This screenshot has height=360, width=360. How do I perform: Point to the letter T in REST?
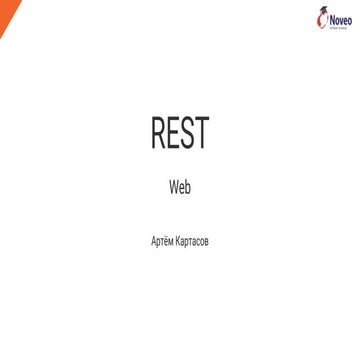[203, 132]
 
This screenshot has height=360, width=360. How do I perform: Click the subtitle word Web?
[180, 187]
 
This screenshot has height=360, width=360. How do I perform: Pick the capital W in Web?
[174, 187]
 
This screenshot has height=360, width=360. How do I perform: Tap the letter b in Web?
[187, 187]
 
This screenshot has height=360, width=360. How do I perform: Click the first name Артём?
[160, 241]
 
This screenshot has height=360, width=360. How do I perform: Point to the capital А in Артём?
[152, 241]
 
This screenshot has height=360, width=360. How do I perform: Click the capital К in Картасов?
[177, 241]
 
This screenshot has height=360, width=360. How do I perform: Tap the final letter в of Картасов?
[207, 242]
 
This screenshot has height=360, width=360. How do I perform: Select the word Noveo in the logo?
[340, 18]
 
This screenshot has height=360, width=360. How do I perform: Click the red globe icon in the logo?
[323, 19]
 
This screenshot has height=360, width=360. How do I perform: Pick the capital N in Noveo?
[332, 18]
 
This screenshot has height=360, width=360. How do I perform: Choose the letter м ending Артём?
[169, 242]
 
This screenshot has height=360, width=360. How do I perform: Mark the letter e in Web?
[181, 188]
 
